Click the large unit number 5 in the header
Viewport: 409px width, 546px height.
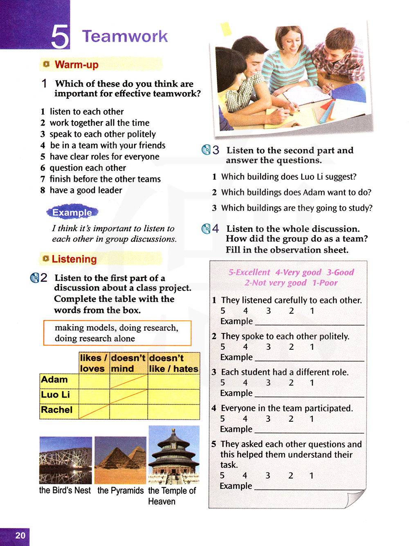[60, 37]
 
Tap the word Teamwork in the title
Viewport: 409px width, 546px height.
[125, 36]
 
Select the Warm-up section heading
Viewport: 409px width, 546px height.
[76, 65]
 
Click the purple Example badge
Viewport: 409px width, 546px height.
[72, 213]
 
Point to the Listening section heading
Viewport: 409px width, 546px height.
[74, 259]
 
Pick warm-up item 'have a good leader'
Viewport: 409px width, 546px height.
[85, 190]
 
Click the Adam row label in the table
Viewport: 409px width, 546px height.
[54, 380]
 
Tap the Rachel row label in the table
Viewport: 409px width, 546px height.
[57, 410]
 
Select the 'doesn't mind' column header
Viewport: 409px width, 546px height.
[128, 363]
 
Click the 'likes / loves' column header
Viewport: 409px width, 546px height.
[94, 363]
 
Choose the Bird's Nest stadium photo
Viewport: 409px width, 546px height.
[65, 460]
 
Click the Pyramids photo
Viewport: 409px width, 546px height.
[120, 460]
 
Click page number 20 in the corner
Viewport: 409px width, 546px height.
[20, 535]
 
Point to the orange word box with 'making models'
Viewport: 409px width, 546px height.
[117, 333]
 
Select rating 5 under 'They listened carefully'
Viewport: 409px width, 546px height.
[223, 311]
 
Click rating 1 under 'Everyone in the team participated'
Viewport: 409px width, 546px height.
[312, 419]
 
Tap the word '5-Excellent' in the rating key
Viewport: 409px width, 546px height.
[249, 272]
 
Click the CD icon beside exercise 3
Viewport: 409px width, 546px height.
[206, 150]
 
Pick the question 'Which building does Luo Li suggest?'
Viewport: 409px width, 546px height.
[289, 177]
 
